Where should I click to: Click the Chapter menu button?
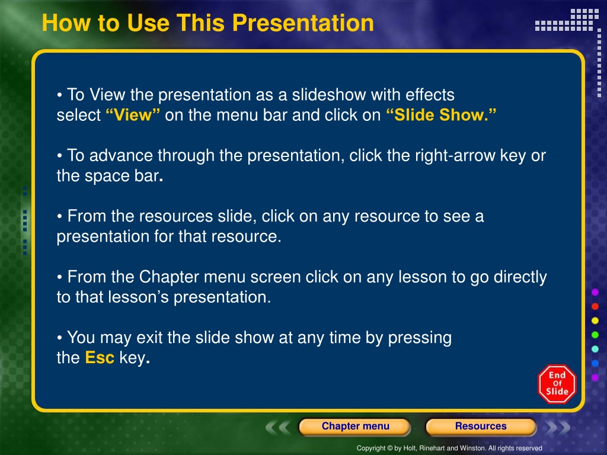point(355,427)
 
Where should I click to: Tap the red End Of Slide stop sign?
point(557,384)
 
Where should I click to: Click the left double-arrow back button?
point(278,427)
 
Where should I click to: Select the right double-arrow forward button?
point(557,427)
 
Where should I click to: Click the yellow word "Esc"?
point(100,357)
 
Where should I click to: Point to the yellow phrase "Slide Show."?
point(441,115)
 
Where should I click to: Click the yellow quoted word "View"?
point(133,115)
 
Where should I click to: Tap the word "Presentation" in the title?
point(303,23)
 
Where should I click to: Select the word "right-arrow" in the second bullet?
point(455,156)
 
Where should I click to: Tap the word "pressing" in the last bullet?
point(420,338)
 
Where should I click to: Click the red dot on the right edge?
point(595,306)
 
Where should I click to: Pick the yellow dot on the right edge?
point(595,321)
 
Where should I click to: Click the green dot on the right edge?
point(595,335)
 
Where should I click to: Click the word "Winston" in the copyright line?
point(472,448)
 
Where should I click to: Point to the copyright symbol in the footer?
point(390,448)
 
